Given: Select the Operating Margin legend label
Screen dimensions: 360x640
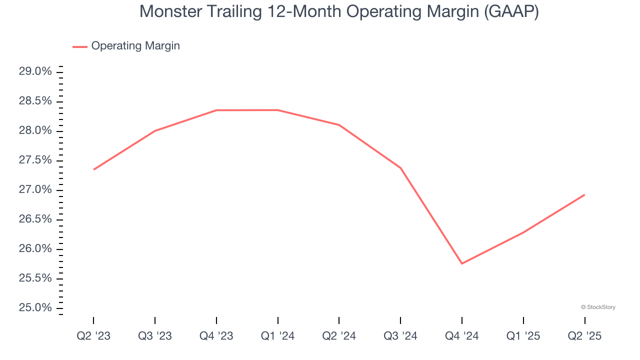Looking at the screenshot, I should click(x=135, y=46).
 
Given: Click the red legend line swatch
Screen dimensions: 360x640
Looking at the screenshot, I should click(x=80, y=46).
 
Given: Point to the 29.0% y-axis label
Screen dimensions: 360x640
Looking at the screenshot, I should click(x=35, y=71).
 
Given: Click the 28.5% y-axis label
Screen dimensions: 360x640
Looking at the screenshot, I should click(x=35, y=101).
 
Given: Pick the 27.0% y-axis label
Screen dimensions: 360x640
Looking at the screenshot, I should click(x=35, y=190).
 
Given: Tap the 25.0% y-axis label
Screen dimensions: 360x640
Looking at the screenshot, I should click(x=35, y=307).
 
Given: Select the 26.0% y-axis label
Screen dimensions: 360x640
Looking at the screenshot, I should click(x=35, y=249).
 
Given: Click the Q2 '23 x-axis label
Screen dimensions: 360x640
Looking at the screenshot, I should click(x=93, y=336).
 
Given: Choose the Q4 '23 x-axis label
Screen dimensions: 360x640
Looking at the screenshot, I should click(x=216, y=336).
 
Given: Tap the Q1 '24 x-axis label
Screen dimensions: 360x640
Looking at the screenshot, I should click(x=278, y=336).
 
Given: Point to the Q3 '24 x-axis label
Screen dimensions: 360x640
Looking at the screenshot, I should click(x=400, y=336).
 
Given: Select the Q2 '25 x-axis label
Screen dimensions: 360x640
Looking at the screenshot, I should click(x=584, y=336).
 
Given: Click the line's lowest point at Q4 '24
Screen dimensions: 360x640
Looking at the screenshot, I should click(x=462, y=263).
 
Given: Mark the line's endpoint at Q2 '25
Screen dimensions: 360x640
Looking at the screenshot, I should click(x=584, y=194).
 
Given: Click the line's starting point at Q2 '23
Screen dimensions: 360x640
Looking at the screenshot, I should click(x=94, y=169).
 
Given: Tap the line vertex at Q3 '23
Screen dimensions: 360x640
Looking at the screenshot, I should click(x=155, y=131).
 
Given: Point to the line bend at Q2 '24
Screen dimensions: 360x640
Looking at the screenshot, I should click(x=339, y=125).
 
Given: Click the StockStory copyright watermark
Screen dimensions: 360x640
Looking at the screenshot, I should click(x=598, y=307).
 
